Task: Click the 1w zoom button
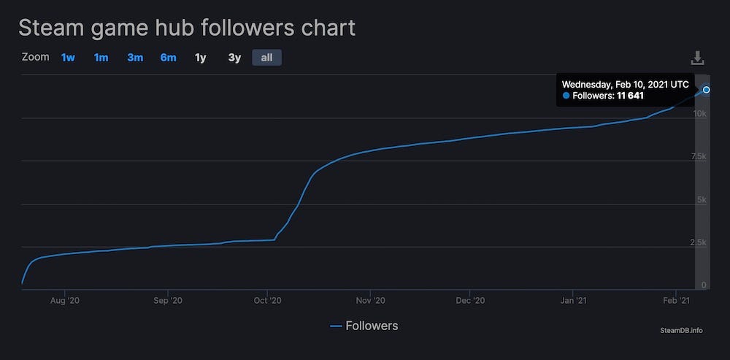click(68, 57)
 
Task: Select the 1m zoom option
click(101, 57)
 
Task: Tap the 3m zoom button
click(135, 57)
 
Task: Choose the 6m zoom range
click(168, 57)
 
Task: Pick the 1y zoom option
click(200, 57)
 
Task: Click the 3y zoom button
click(234, 57)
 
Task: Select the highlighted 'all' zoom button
click(266, 57)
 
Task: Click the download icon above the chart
click(697, 58)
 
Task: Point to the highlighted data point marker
click(706, 90)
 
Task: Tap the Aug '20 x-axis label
click(64, 300)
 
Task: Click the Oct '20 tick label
click(267, 300)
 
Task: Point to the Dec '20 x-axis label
click(469, 300)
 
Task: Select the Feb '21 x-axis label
click(675, 300)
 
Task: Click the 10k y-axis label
click(699, 114)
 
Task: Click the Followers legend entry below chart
click(364, 326)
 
